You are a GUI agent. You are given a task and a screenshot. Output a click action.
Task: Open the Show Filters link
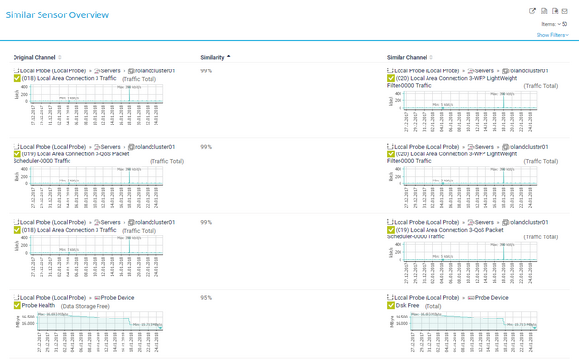551,35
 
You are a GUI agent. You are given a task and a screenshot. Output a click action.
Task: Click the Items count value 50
564,23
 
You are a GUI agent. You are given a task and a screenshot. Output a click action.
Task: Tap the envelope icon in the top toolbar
565,11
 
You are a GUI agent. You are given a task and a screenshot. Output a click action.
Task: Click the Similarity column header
212,58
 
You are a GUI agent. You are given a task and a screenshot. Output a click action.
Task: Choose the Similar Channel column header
410,58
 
